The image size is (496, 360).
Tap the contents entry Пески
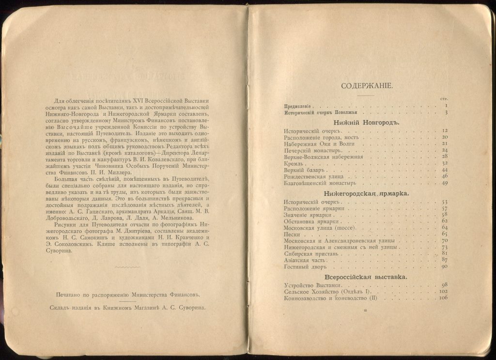292,234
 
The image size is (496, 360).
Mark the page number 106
443,298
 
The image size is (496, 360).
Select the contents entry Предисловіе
298,105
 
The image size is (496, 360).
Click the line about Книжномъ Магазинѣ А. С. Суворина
127,307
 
